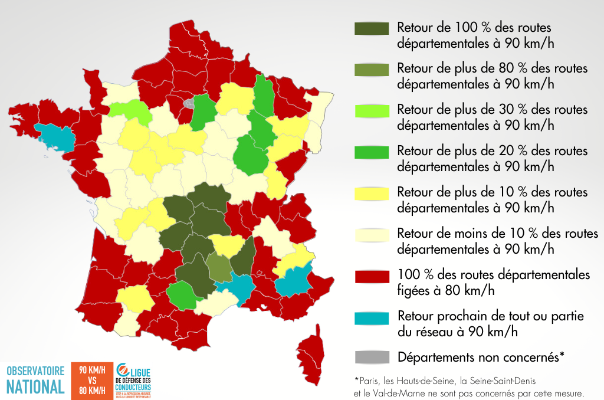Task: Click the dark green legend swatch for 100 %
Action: click(x=372, y=28)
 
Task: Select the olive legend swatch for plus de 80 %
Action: click(x=372, y=69)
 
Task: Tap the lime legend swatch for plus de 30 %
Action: click(x=372, y=110)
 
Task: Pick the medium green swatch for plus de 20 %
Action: click(x=372, y=152)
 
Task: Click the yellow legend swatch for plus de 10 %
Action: click(x=372, y=193)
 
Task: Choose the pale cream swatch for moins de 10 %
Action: click(x=372, y=234)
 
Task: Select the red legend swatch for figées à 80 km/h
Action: click(x=372, y=276)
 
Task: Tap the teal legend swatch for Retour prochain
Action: click(x=372, y=317)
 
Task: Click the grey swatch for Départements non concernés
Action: click(x=372, y=357)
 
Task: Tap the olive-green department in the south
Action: click(x=219, y=267)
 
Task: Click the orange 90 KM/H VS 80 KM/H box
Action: click(x=93, y=380)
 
